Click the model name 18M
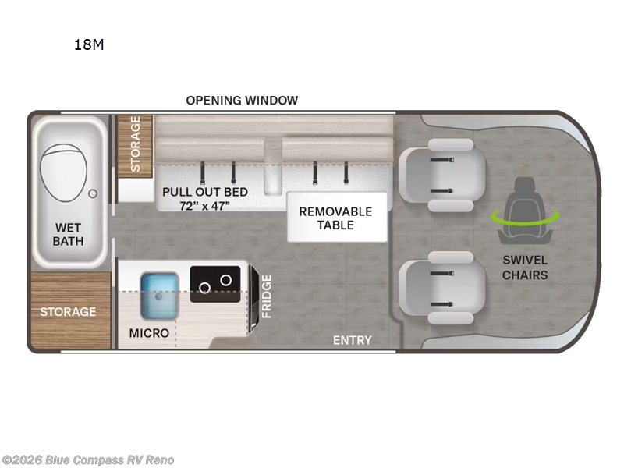coord(89,44)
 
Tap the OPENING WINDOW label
coord(242,100)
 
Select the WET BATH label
coord(68,234)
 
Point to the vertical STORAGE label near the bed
coord(135,144)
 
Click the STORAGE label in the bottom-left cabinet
coord(69,312)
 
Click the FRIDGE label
coord(266,296)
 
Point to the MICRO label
coord(149,333)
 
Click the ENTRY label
coord(353,340)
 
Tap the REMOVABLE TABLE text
coord(336,218)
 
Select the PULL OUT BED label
coord(205,192)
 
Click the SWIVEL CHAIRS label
coord(524,268)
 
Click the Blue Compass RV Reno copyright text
coord(88,459)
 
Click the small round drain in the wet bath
coord(93,192)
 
